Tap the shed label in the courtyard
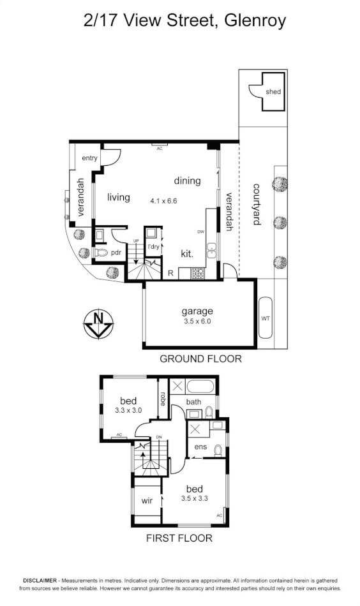273,92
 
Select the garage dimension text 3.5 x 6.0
197,321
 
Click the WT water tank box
266,318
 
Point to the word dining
187,181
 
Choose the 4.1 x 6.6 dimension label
163,200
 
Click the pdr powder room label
116,253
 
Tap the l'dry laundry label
153,246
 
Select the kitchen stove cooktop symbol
198,274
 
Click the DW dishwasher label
200,232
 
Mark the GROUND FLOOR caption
200,358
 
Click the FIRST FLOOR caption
179,538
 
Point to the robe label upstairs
163,399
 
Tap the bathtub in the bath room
202,387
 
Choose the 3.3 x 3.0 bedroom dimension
128,411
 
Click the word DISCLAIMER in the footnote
42,580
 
